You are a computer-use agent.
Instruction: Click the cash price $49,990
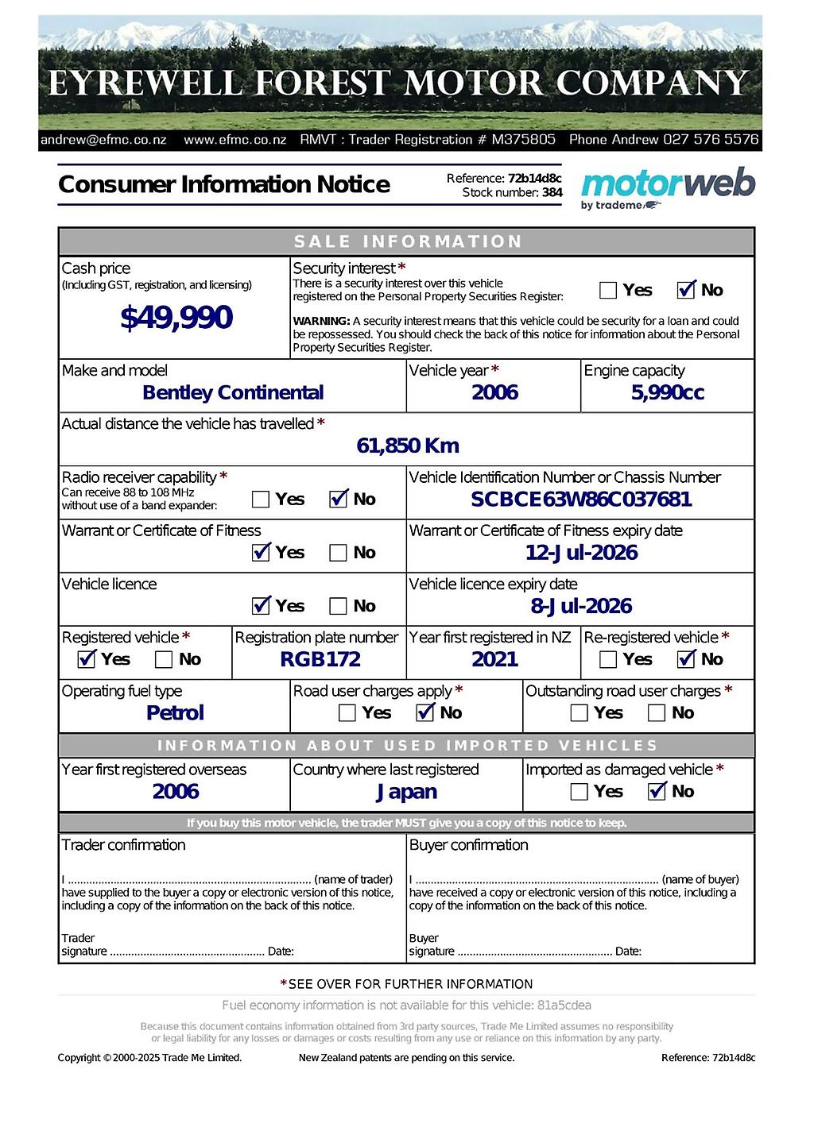coord(176,318)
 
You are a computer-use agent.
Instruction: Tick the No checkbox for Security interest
coord(687,290)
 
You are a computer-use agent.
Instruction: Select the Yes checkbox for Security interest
coord(608,290)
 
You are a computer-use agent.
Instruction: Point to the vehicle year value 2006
coord(494,392)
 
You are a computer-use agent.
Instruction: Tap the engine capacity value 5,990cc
coord(668,392)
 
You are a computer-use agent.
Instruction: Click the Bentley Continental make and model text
coord(233,392)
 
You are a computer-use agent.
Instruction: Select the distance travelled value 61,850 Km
coord(408,446)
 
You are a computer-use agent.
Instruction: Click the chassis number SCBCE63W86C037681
coord(581,499)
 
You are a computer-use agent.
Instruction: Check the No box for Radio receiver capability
coord(339,500)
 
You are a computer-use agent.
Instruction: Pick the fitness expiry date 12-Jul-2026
coord(581,553)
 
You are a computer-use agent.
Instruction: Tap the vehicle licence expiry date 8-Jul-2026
coord(581,606)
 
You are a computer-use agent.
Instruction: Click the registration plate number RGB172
coord(320,659)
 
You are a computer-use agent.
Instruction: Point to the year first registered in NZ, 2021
coord(494,659)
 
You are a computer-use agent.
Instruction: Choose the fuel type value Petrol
coord(175,712)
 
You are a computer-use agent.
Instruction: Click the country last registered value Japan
coord(406,791)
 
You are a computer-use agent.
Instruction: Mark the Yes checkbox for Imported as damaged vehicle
coord(579,791)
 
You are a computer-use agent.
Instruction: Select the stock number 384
coord(552,192)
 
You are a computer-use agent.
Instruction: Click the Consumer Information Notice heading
coord(224,184)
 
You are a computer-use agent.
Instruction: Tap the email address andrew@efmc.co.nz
coord(103,140)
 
